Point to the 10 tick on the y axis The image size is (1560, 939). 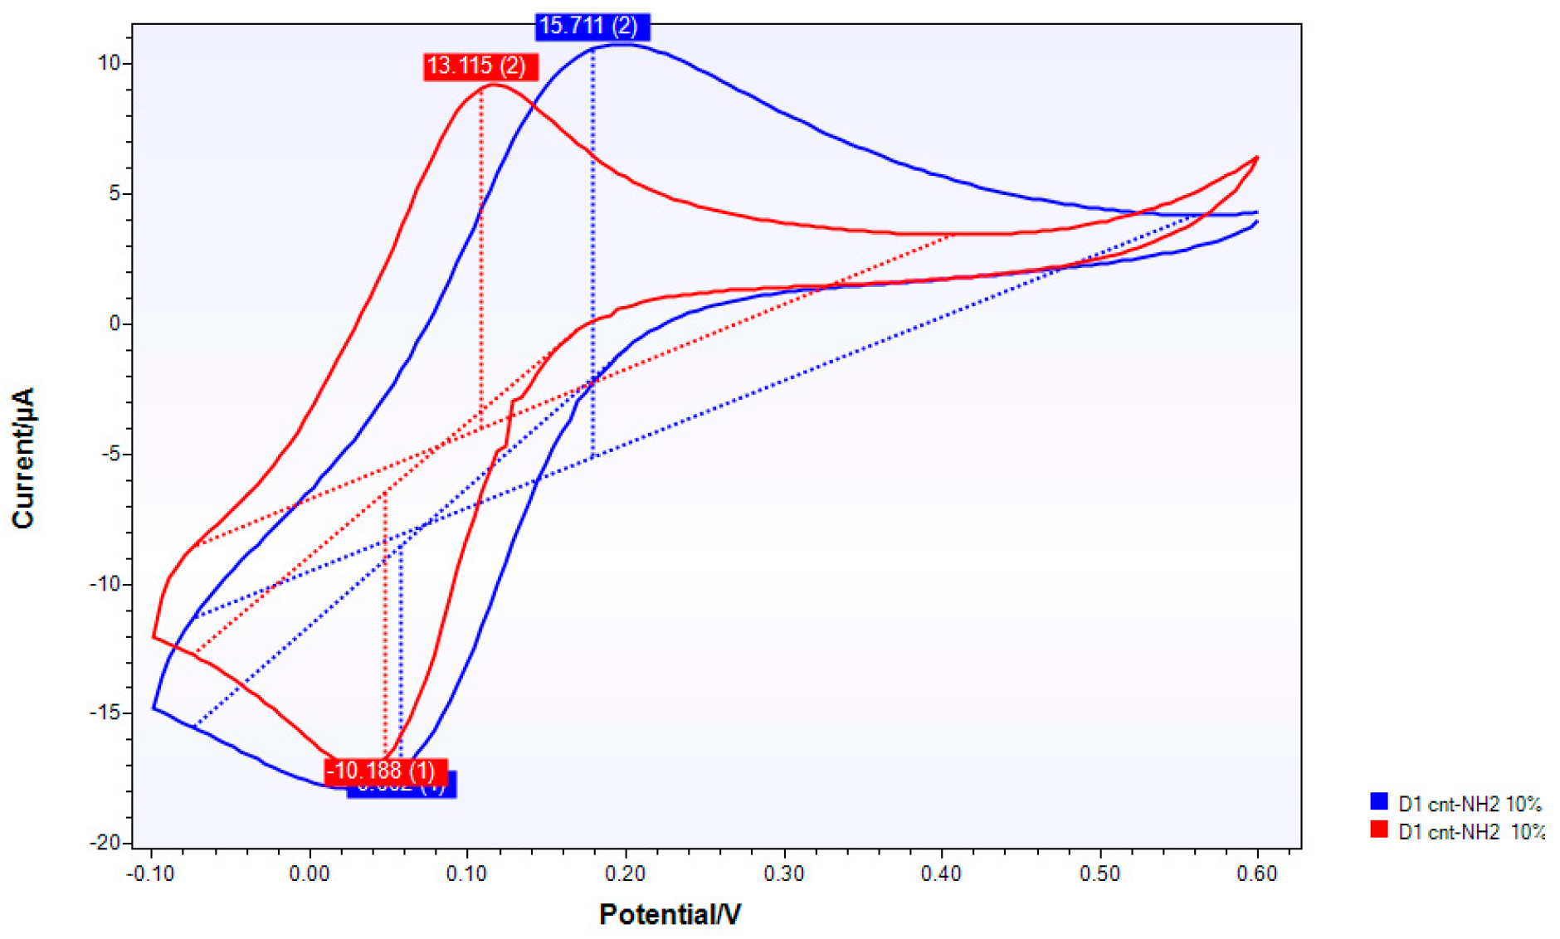(x=110, y=64)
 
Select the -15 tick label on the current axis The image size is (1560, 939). (x=105, y=713)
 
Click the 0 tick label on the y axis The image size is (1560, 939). (x=115, y=324)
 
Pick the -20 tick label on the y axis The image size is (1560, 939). (x=105, y=843)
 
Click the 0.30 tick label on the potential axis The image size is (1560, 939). (x=783, y=874)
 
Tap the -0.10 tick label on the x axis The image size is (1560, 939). (x=150, y=874)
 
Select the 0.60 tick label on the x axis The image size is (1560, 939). (x=1257, y=874)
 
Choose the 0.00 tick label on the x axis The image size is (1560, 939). (x=310, y=874)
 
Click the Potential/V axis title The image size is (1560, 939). (x=670, y=914)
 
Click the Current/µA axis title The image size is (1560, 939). (x=23, y=458)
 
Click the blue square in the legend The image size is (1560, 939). (x=1379, y=801)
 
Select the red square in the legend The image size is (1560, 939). (x=1379, y=830)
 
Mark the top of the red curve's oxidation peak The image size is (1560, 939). (x=495, y=85)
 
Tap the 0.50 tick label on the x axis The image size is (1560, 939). (x=1099, y=874)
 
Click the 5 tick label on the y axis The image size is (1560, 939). (x=115, y=194)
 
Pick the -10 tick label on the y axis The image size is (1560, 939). (x=105, y=584)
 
